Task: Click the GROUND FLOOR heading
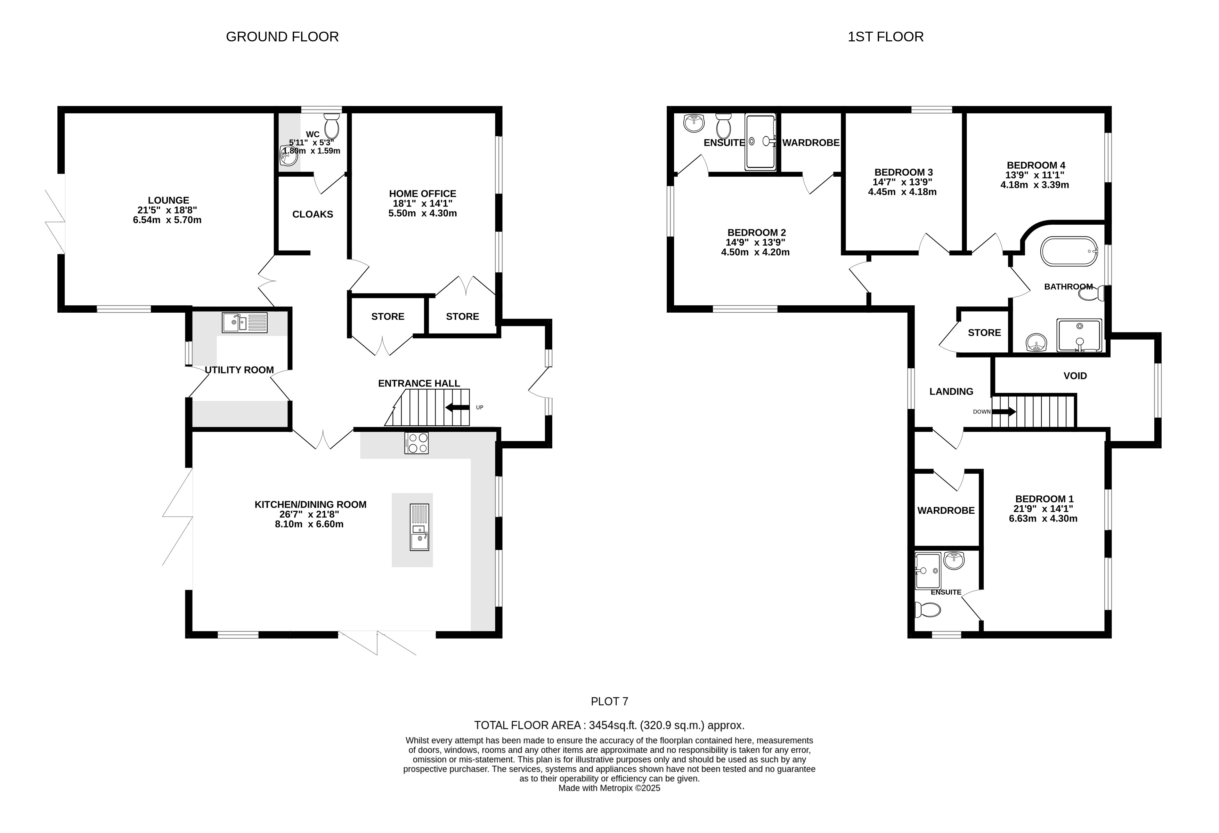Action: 282,37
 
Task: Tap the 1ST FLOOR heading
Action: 885,37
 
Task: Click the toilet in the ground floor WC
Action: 332,125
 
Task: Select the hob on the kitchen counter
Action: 416,442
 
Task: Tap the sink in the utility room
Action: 244,322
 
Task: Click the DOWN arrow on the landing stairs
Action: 1004,411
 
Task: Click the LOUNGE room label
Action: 168,200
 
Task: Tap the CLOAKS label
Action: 312,214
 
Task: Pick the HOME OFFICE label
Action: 423,194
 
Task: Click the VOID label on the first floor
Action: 1075,376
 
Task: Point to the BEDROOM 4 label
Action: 1036,165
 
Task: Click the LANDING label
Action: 951,392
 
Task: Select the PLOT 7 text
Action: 610,701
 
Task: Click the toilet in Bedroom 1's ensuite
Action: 927,609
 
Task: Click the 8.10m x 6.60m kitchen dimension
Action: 309,524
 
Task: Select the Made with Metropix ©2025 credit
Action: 610,788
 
